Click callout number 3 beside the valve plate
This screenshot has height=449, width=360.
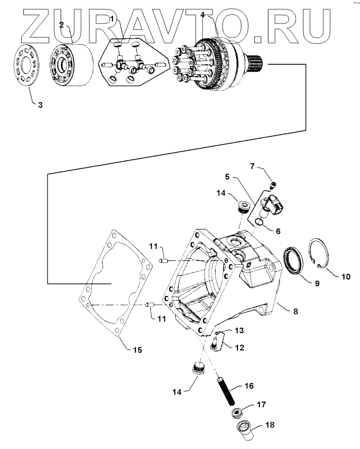click(x=40, y=106)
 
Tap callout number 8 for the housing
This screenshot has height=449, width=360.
click(x=295, y=312)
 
